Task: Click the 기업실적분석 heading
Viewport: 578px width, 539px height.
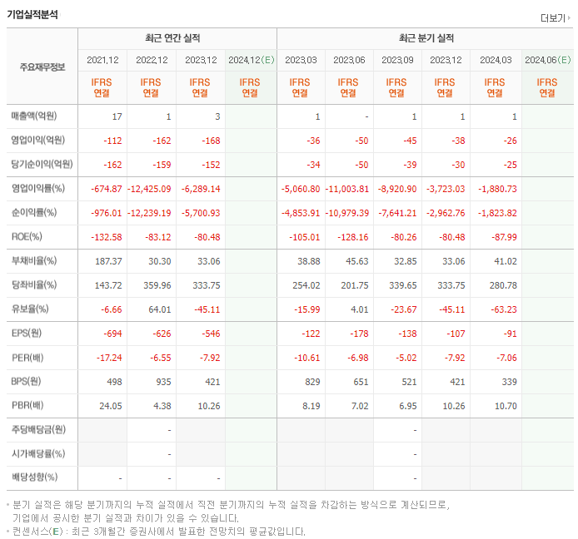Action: click(x=32, y=14)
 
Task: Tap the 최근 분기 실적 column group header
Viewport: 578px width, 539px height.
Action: click(x=426, y=38)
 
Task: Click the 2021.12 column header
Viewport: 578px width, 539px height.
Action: click(x=102, y=60)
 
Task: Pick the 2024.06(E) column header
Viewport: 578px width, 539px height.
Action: click(x=547, y=60)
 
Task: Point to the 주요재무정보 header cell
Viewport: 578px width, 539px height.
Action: click(x=42, y=67)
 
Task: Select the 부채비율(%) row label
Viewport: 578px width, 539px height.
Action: click(x=34, y=261)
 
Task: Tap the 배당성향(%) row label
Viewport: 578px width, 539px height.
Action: click(x=34, y=477)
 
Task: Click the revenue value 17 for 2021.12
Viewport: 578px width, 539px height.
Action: click(x=117, y=116)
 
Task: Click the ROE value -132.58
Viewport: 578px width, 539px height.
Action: click(x=105, y=237)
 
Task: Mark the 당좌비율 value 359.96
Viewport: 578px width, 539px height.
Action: click(x=154, y=285)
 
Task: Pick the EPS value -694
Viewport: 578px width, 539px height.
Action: click(x=112, y=334)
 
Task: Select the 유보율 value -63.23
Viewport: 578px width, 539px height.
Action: click(x=500, y=309)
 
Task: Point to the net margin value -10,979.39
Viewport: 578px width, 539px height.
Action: click(x=342, y=213)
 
